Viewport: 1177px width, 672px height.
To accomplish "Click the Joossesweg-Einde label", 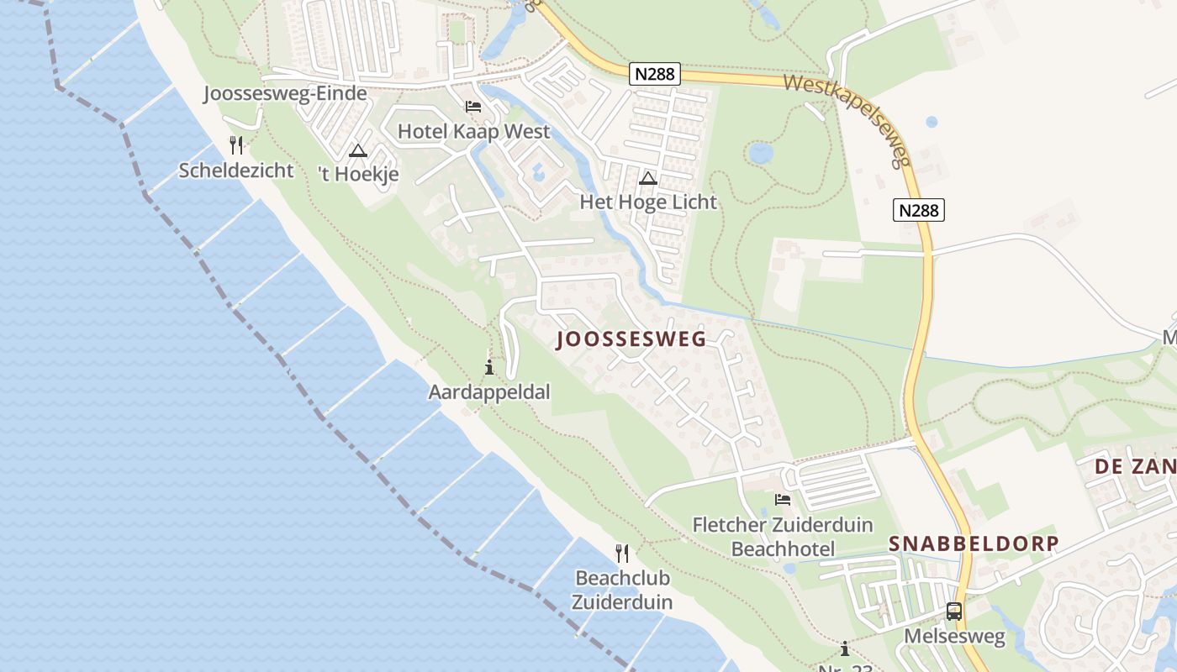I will [x=285, y=93].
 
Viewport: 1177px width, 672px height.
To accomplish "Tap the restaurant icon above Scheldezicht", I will [x=236, y=145].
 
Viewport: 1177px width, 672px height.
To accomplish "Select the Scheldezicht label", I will [x=236, y=171].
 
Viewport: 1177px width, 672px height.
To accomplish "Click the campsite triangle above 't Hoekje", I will [x=358, y=151].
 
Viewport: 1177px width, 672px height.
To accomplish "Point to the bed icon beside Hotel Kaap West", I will [x=473, y=107].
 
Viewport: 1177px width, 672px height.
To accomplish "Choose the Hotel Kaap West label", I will [x=473, y=131].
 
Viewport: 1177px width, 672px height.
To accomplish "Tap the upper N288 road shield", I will [x=655, y=74].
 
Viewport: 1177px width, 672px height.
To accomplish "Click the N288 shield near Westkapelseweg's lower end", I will [x=919, y=210].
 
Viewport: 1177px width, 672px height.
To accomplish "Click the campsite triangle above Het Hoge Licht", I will [x=647, y=178].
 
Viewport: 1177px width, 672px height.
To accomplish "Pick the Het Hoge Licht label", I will [x=648, y=202].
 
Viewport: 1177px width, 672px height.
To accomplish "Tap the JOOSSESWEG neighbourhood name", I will [x=631, y=339].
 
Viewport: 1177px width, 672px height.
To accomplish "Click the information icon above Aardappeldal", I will [x=489, y=367].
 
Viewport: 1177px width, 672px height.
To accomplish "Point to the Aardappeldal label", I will [x=489, y=392].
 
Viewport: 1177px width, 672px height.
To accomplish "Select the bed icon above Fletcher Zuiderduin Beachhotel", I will [x=783, y=500].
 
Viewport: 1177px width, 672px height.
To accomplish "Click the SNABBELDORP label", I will [x=974, y=543].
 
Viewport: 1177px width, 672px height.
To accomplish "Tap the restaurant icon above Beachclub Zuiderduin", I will [x=622, y=553].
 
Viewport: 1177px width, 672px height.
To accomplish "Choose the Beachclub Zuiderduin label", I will [x=622, y=590].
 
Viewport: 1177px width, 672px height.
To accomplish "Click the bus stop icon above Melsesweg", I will [x=954, y=611].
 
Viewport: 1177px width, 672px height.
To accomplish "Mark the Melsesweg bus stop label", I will [x=954, y=636].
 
